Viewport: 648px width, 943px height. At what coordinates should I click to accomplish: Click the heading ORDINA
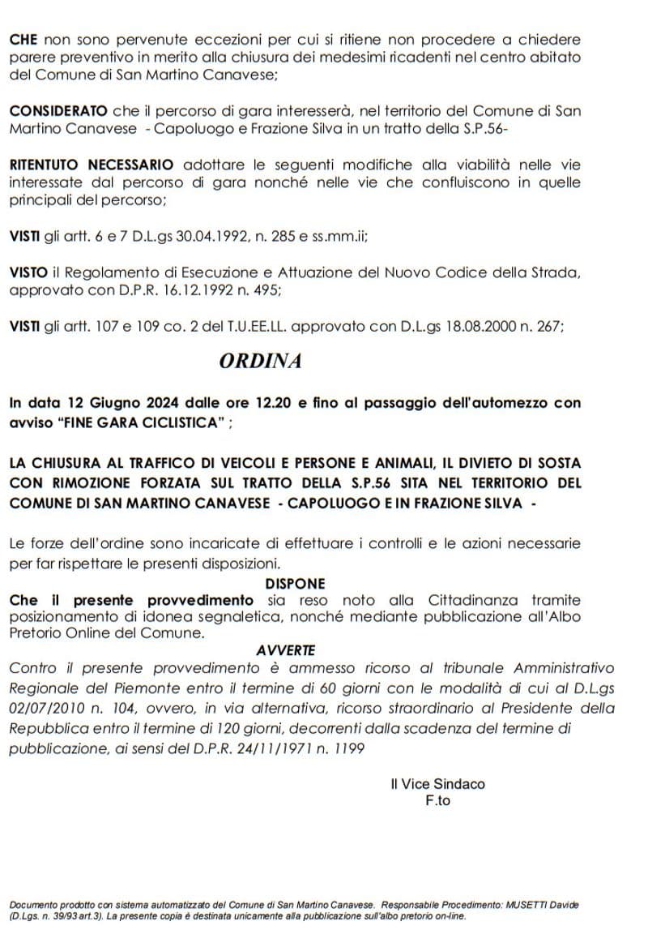pyautogui.click(x=260, y=362)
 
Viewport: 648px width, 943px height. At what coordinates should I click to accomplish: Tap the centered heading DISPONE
pyautogui.click(x=295, y=583)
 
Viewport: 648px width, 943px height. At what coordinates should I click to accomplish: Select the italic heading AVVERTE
pyautogui.click(x=285, y=650)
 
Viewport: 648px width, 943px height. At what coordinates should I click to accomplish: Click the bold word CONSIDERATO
pyautogui.click(x=58, y=110)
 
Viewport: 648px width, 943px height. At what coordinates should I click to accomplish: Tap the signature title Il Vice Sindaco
pyautogui.click(x=437, y=784)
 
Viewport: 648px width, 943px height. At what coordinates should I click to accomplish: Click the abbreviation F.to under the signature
pyautogui.click(x=437, y=800)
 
